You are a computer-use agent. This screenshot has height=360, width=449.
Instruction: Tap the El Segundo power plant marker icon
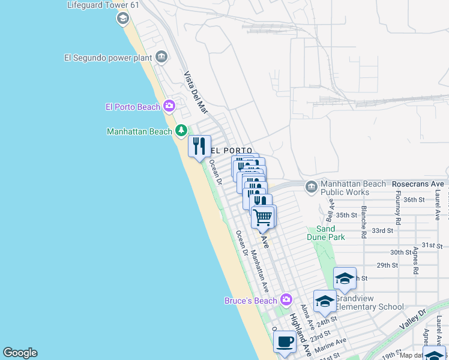click(161, 58)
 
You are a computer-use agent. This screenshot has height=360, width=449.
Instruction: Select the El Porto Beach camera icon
click(169, 107)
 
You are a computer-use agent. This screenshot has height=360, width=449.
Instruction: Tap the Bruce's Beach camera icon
click(286, 299)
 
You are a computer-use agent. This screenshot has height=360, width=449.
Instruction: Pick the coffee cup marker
click(285, 342)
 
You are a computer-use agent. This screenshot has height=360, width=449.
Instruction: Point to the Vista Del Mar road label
click(195, 92)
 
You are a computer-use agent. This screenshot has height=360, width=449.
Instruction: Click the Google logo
click(20, 353)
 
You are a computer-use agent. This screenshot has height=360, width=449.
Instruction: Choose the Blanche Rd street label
click(364, 223)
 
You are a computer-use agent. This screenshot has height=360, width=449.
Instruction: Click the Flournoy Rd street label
click(398, 206)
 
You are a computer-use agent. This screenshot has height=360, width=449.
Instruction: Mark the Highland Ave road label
click(300, 335)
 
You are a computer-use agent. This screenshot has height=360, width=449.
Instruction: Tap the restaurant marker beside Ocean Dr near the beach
click(199, 146)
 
